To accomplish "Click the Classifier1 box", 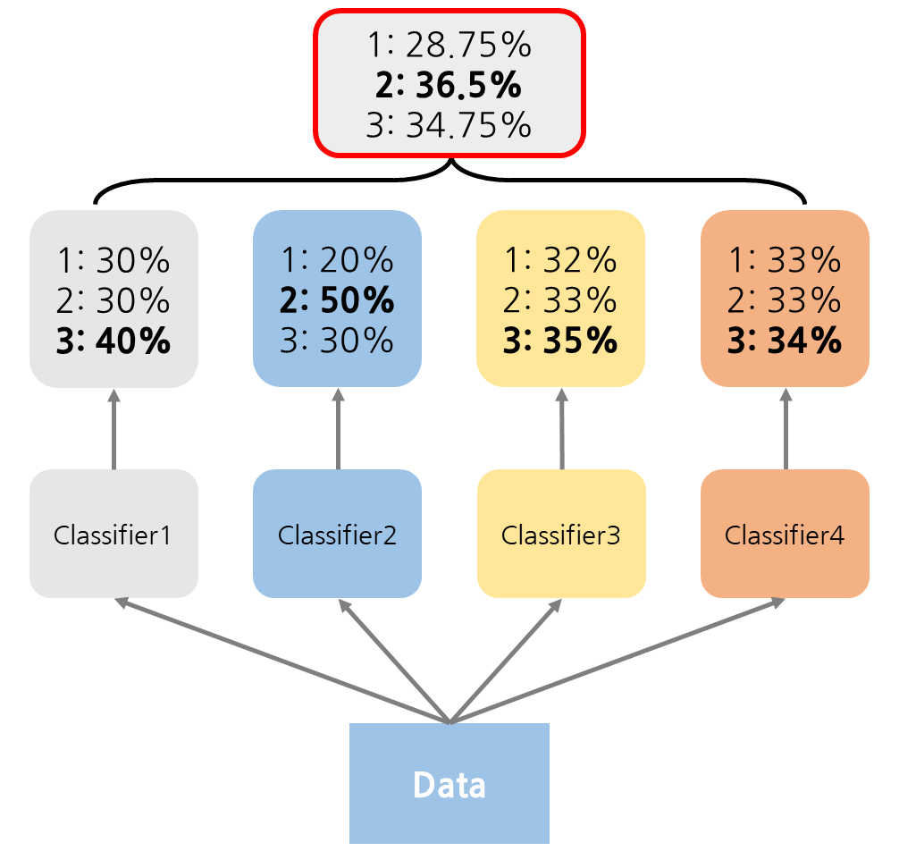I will click(x=113, y=534).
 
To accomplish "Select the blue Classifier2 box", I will click(x=337, y=534).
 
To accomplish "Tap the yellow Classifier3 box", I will click(x=561, y=534).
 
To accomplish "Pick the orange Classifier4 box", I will click(x=785, y=534).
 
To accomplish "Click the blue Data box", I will click(x=449, y=784).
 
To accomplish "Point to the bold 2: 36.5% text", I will click(x=449, y=85).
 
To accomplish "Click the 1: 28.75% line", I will click(x=449, y=46).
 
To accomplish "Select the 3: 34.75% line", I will click(x=449, y=125).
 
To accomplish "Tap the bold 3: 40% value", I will click(x=113, y=341).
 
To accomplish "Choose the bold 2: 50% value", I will click(x=337, y=300).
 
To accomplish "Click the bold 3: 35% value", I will click(x=561, y=341).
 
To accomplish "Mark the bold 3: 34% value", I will click(x=785, y=341).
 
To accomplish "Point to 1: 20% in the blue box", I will click(x=337, y=260).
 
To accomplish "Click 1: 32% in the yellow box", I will click(x=561, y=260).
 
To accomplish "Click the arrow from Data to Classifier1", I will click(x=281, y=661).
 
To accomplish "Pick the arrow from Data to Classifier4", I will click(x=617, y=661).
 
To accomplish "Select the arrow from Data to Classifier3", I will click(x=505, y=661).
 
